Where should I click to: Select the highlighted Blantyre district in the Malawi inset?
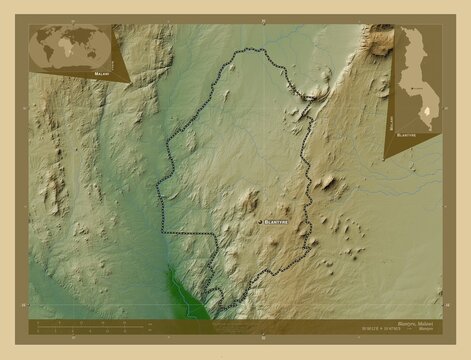423,112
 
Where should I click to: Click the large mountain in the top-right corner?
381,42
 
